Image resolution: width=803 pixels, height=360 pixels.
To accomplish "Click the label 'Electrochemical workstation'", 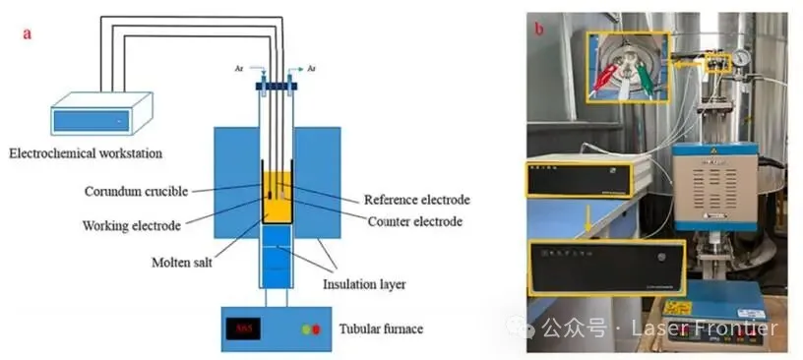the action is coord(86,152).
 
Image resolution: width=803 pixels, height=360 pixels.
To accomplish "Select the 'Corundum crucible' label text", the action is coord(136,192).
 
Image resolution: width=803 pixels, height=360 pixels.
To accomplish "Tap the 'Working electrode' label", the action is coord(132,225).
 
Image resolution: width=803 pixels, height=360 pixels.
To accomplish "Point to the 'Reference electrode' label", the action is coord(417,200).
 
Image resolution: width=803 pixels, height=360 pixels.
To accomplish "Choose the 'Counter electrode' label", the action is coord(415,221).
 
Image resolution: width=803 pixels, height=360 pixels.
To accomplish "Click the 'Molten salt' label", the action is coord(182,263).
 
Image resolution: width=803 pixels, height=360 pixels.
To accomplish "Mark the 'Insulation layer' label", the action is coord(364,283).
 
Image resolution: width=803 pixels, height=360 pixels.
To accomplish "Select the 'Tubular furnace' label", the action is coord(381,329).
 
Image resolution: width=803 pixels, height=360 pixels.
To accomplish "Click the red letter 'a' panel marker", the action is coord(27,34).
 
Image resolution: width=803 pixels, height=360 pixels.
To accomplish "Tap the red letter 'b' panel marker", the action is coord(539,29).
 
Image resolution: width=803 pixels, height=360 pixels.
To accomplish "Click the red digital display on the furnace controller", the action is coord(243,329).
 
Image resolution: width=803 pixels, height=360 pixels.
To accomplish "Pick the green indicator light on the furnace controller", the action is coord(307,330).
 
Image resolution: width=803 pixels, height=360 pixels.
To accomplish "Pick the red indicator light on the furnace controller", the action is coord(316,330).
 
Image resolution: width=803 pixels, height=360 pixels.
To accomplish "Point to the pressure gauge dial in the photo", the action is coord(741,57).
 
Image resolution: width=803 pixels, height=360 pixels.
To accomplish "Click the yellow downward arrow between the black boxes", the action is coord(587,220).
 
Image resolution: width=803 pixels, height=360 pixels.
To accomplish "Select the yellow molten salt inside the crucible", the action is coord(278,198).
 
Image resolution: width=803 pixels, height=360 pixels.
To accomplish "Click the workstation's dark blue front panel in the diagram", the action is coord(92,120).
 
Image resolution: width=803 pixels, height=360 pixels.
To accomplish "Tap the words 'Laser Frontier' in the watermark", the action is coord(705,328).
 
